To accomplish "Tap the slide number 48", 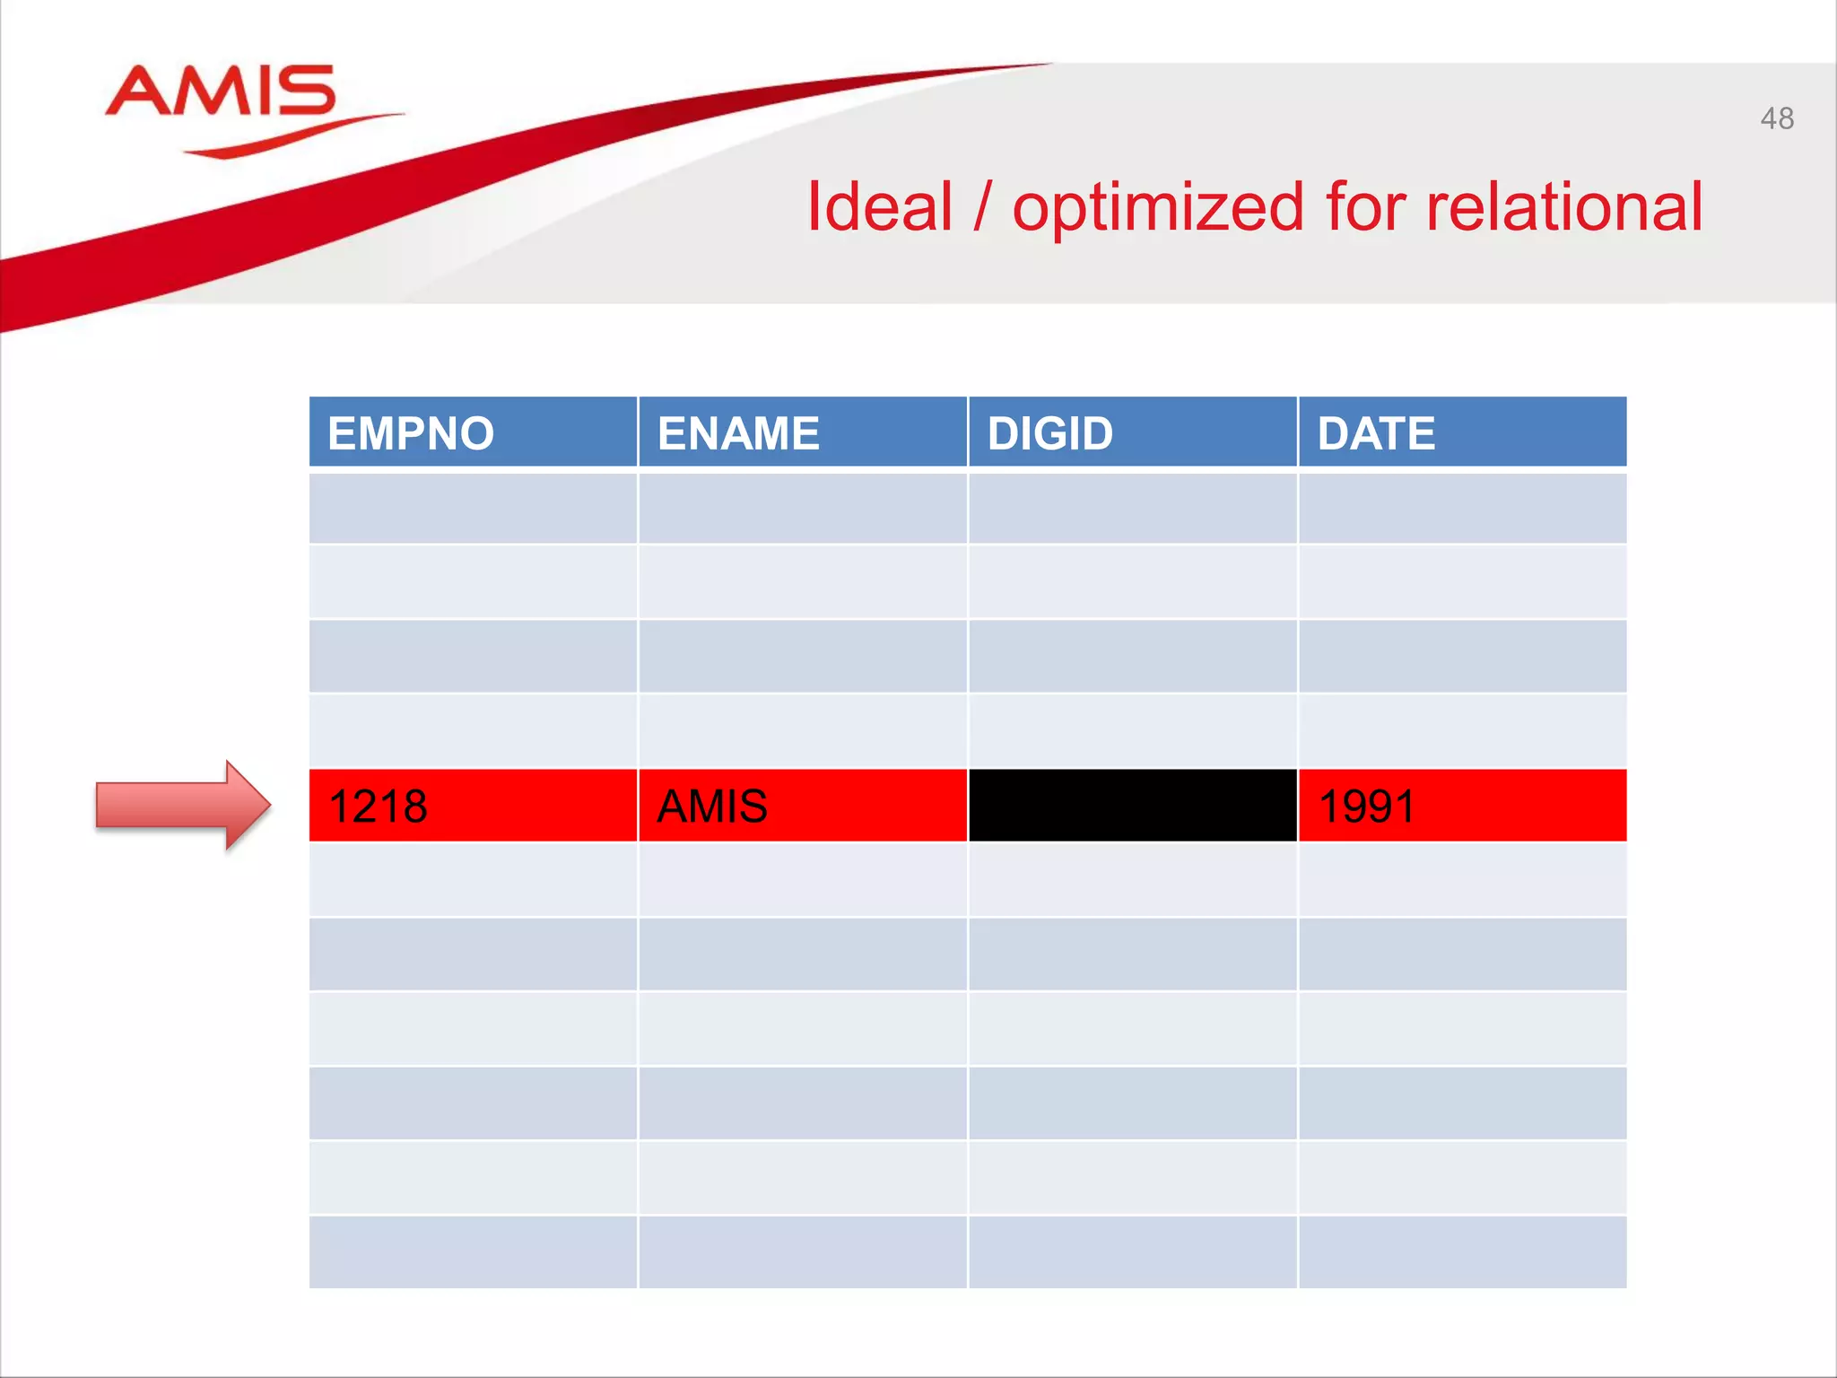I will point(1776,118).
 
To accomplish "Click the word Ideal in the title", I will point(879,208).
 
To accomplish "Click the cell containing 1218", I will point(473,806).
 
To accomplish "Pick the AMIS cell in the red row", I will point(803,806).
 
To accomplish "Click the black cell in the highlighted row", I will point(1133,806).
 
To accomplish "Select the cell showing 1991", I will point(1462,806).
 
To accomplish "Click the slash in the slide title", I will point(982,208).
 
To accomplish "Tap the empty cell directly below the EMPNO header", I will point(473,508).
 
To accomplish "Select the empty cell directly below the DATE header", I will point(1462,508).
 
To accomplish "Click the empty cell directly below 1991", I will point(1462,880).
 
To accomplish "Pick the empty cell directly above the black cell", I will point(1133,731).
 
